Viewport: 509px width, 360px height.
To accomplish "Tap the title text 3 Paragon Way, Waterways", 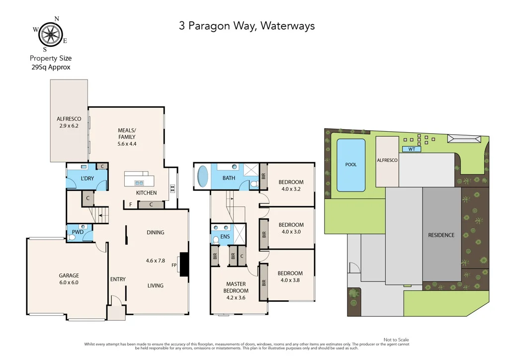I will click(x=247, y=26).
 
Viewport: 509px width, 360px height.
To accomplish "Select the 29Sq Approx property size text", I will click(x=50, y=67).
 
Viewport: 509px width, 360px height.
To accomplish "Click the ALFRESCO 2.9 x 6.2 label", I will click(x=69, y=123).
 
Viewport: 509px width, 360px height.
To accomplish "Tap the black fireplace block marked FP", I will click(x=184, y=264).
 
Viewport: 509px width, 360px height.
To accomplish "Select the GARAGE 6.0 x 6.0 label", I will click(x=69, y=279).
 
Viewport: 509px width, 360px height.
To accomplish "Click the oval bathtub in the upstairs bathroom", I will click(x=203, y=176).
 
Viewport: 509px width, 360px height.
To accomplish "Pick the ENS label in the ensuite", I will click(x=225, y=237).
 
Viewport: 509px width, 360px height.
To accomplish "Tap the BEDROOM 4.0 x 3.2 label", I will click(x=291, y=185).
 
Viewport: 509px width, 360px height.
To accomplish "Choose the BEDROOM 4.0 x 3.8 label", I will click(x=290, y=276).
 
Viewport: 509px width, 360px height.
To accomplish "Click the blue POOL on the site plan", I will click(x=351, y=165).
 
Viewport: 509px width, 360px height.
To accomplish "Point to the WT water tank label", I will click(x=412, y=149).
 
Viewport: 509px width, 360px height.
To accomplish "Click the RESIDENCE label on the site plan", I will click(x=441, y=235).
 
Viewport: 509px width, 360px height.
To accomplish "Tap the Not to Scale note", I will click(x=397, y=339).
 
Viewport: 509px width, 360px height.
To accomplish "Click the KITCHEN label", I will click(x=147, y=193).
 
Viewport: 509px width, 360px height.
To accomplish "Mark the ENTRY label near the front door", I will click(x=118, y=279).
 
